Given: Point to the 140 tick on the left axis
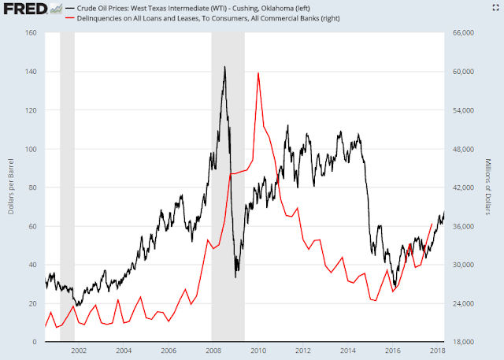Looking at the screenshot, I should (32, 72).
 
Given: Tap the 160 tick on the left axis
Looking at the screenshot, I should (32, 33).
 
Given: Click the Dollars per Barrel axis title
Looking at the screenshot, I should (9, 187).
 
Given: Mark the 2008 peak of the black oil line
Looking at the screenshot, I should (225, 67).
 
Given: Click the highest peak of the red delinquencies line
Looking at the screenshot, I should (258, 72).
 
